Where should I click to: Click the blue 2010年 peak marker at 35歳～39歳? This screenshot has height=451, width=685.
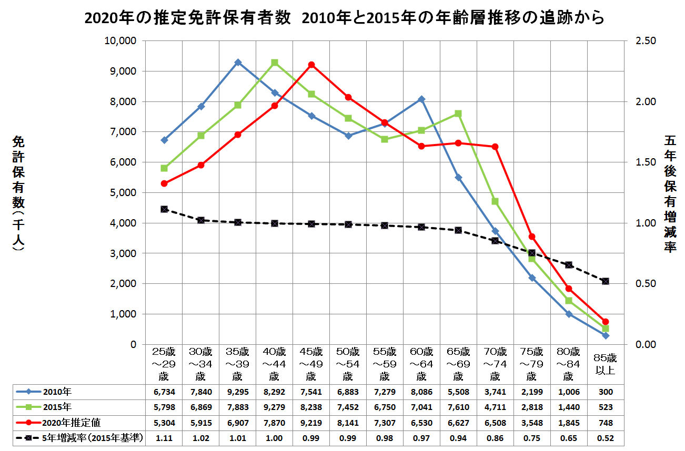click(x=238, y=62)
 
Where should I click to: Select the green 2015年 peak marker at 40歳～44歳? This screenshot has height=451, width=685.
click(x=275, y=63)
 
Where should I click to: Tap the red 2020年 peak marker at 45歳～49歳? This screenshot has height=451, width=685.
click(x=311, y=65)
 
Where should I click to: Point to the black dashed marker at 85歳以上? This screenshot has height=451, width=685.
click(x=605, y=281)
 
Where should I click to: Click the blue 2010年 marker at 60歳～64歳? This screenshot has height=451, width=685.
click(x=421, y=99)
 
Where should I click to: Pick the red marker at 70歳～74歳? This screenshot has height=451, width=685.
click(x=495, y=147)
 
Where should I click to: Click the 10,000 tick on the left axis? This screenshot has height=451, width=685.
click(x=122, y=41)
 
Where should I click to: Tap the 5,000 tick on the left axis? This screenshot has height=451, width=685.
click(x=124, y=193)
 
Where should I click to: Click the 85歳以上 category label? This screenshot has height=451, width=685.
click(x=605, y=363)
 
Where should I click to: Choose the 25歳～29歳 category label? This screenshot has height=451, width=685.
click(x=164, y=363)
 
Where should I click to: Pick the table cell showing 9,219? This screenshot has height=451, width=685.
click(x=311, y=423)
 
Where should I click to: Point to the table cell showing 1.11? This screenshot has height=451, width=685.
click(x=164, y=438)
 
